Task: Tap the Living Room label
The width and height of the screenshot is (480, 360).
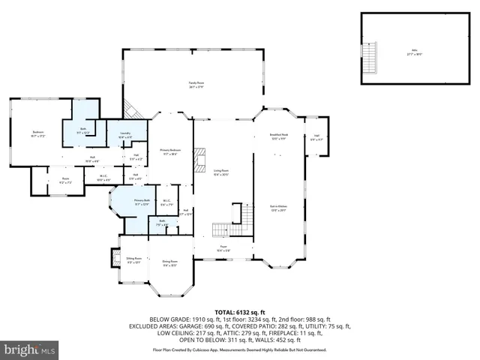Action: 220,172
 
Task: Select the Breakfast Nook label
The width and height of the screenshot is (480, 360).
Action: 279,136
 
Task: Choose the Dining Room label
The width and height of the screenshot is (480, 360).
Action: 169,262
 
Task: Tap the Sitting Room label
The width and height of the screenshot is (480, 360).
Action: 133,259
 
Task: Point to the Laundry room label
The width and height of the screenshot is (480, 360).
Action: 125,135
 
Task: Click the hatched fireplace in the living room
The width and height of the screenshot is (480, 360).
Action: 199,159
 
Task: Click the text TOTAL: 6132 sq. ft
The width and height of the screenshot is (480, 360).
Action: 240,311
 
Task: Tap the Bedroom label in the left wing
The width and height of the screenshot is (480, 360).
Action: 37,135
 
